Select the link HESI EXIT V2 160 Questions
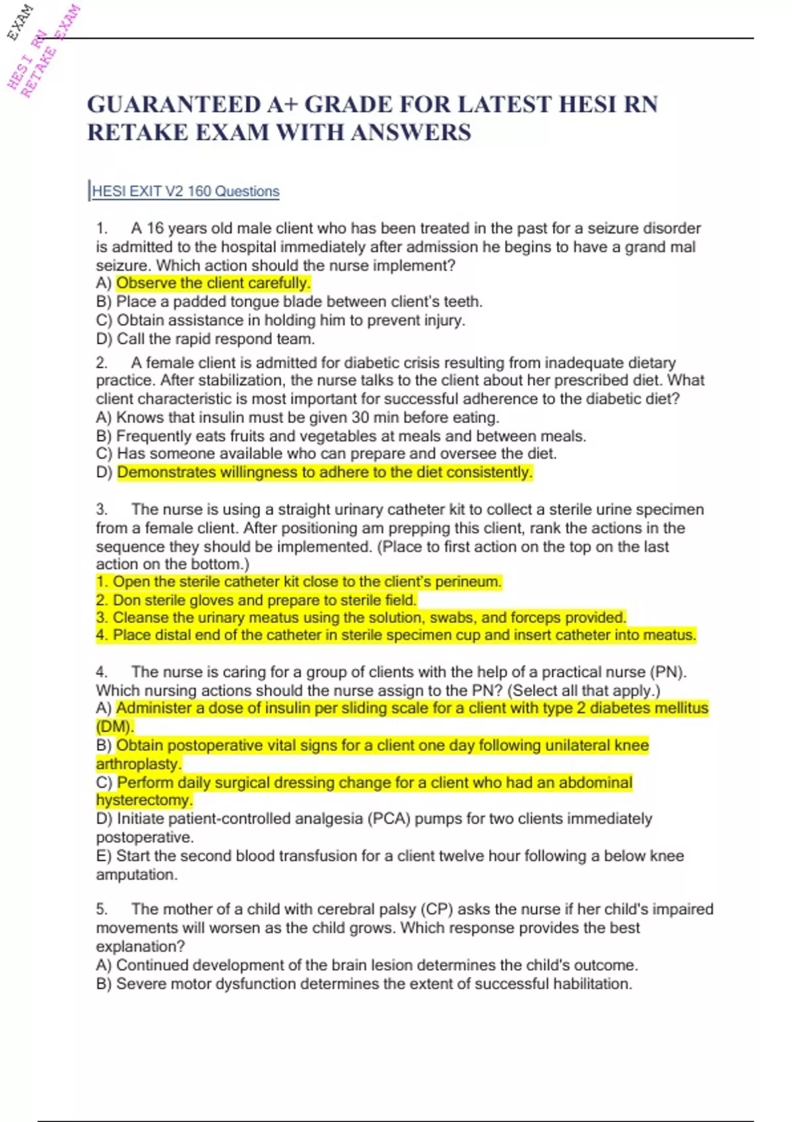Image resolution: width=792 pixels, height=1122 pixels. pyautogui.click(x=185, y=191)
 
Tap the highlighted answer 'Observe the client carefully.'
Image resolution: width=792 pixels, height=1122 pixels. pyautogui.click(x=213, y=283)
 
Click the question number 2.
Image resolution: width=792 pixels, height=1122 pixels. pyautogui.click(x=102, y=362)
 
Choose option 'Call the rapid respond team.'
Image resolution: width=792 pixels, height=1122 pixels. pyautogui.click(x=215, y=339)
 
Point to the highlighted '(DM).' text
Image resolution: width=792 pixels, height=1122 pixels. pyautogui.click(x=115, y=727)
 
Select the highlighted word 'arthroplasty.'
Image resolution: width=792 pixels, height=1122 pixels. pyautogui.click(x=139, y=764)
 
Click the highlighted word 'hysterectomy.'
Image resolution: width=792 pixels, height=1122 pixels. pyautogui.click(x=144, y=800)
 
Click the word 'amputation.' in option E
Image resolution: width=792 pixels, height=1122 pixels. pyautogui.click(x=137, y=874)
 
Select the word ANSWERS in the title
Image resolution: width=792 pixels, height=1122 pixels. pyautogui.click(x=411, y=133)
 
